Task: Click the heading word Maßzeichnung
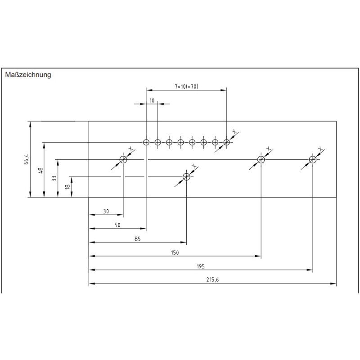click(28, 75)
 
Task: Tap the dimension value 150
click(175, 252)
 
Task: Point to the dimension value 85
click(138, 239)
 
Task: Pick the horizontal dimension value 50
click(117, 225)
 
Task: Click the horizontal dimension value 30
click(106, 211)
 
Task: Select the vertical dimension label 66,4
click(27, 159)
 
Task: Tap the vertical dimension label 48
click(40, 170)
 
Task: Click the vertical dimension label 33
click(54, 178)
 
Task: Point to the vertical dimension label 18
click(68, 186)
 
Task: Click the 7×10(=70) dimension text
click(186, 86)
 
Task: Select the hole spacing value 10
click(152, 100)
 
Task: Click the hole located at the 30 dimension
click(123, 159)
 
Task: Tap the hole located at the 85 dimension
click(186, 176)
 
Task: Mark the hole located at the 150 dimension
click(261, 159)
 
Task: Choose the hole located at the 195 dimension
click(312, 159)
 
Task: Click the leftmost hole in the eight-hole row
click(146, 142)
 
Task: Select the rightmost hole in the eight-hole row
click(226, 142)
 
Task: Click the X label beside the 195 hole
click(320, 149)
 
